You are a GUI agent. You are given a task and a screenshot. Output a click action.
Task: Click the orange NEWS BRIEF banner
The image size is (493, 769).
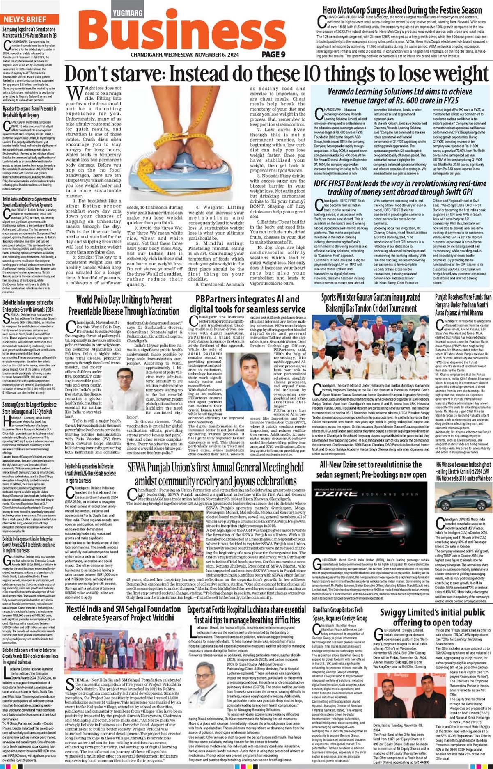pyautogui.click(x=25, y=19)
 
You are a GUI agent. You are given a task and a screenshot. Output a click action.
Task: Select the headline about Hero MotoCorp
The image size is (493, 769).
pyautogui.click(x=402, y=10)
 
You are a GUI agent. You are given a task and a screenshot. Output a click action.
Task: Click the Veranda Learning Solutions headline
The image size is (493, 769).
pyautogui.click(x=394, y=96)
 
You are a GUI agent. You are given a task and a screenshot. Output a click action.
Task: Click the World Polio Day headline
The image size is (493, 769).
pyautogui.click(x=124, y=305)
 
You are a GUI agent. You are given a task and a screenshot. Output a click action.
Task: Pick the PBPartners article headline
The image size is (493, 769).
pyautogui.click(x=247, y=304)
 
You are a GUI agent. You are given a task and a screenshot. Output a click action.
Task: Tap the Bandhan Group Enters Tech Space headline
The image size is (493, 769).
pyautogui.click(x=340, y=614)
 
